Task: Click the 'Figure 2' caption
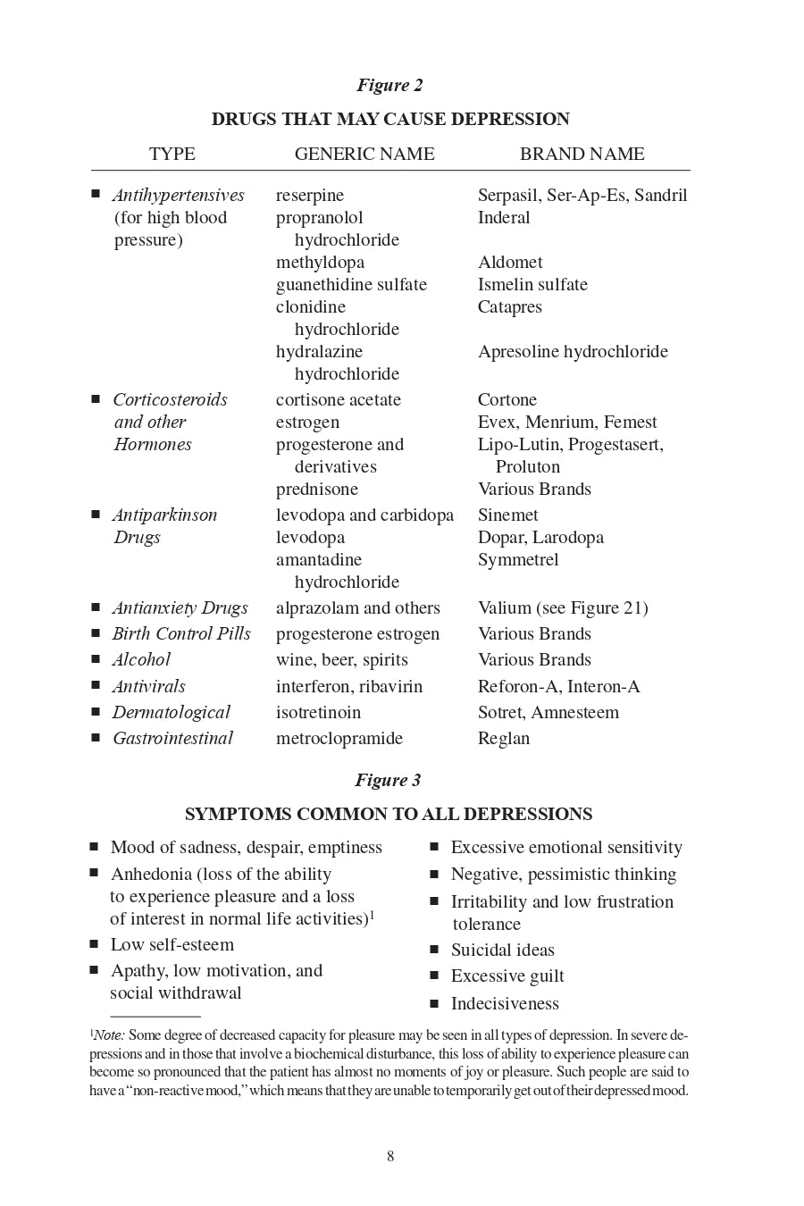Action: pyautogui.click(x=389, y=86)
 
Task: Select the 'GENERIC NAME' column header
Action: pyautogui.click(x=364, y=154)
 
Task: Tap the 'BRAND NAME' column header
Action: pyautogui.click(x=582, y=154)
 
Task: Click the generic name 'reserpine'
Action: pyautogui.click(x=310, y=196)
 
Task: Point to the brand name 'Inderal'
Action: pyautogui.click(x=504, y=218)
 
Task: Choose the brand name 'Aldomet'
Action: pyautogui.click(x=510, y=263)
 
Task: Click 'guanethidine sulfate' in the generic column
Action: pyautogui.click(x=351, y=285)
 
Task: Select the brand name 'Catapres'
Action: pyautogui.click(x=509, y=307)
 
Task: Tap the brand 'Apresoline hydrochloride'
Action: pyautogui.click(x=573, y=352)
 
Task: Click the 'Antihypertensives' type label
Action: pyautogui.click(x=179, y=196)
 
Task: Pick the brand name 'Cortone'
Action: pyautogui.click(x=507, y=400)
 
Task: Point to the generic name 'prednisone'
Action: pyautogui.click(x=317, y=490)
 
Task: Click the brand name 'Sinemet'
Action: pyautogui.click(x=508, y=515)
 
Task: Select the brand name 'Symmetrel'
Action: pyautogui.click(x=518, y=560)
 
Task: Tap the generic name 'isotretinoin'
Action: pyautogui.click(x=319, y=713)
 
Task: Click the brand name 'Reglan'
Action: pyautogui.click(x=504, y=739)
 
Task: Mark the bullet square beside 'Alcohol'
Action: pyautogui.click(x=96, y=659)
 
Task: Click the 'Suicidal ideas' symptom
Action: pyautogui.click(x=502, y=951)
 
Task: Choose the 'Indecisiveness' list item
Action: pyautogui.click(x=505, y=1004)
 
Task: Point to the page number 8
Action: pyautogui.click(x=390, y=1157)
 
